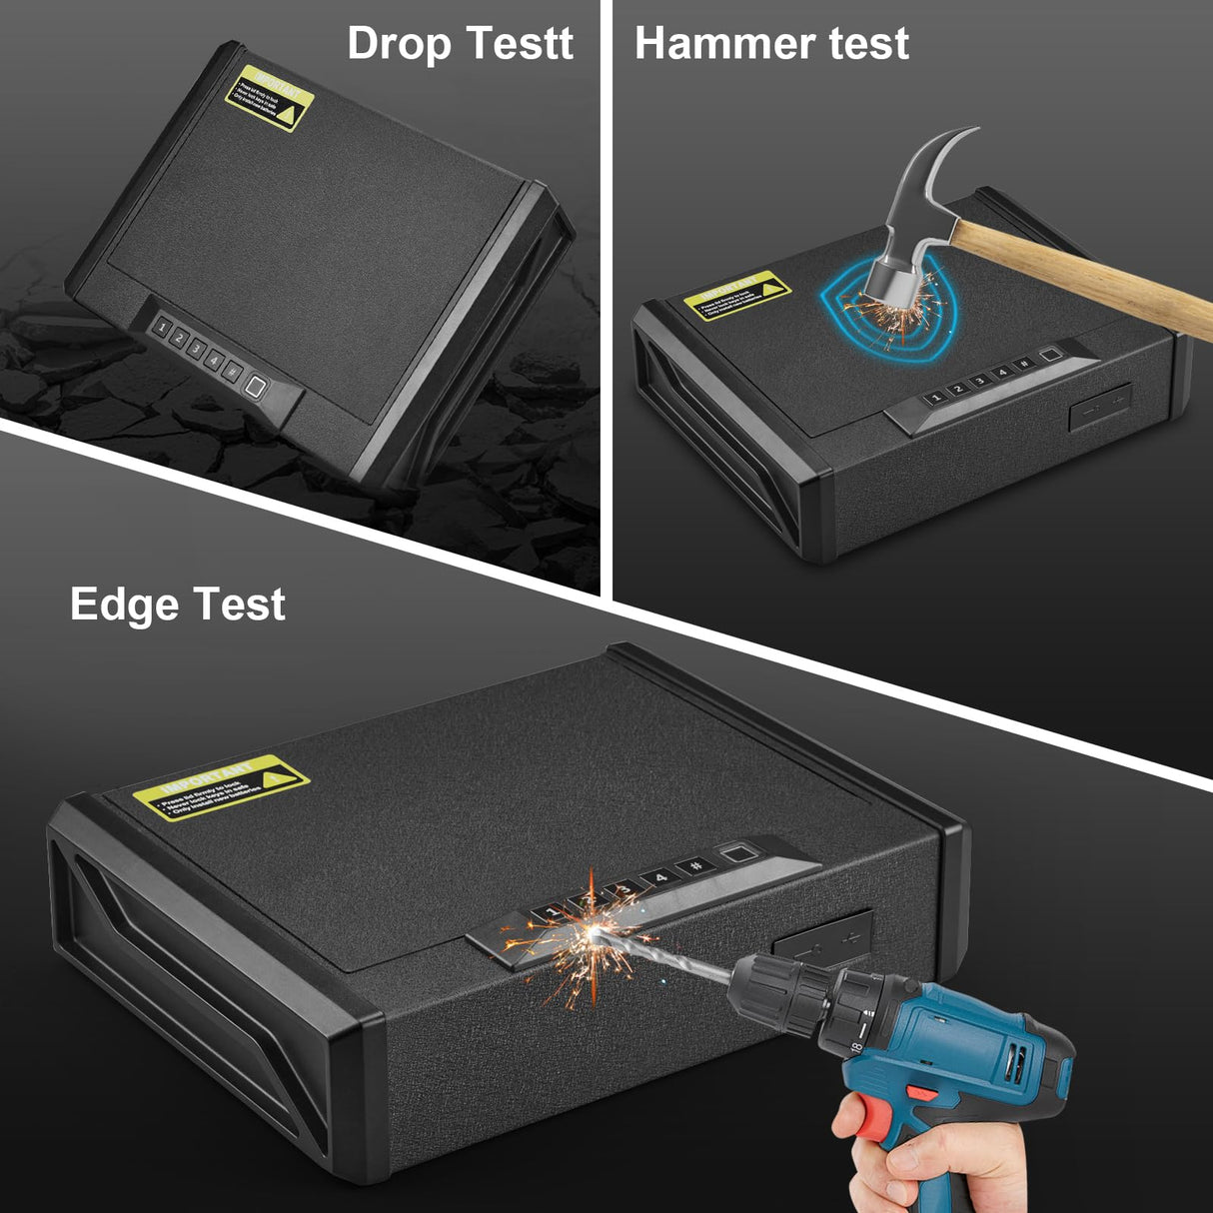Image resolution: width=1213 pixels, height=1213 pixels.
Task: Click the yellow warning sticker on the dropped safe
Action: (x=269, y=99)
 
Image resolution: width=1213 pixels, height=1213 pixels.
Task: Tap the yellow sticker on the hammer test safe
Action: (x=736, y=296)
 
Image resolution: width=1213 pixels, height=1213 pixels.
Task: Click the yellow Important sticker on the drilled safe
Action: (x=222, y=787)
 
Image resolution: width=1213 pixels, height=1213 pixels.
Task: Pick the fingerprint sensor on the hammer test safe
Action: (x=1048, y=356)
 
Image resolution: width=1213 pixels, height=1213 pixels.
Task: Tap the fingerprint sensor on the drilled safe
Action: (x=738, y=855)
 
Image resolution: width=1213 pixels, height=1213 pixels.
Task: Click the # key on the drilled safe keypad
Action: (x=696, y=866)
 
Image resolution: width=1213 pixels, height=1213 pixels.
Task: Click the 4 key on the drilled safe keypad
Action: (x=659, y=878)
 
